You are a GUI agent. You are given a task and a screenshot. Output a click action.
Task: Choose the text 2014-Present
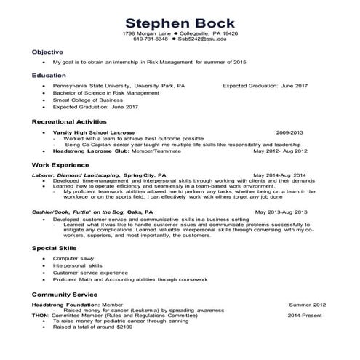point(305,315)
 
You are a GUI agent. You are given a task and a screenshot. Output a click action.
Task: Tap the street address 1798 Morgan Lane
point(145,33)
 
